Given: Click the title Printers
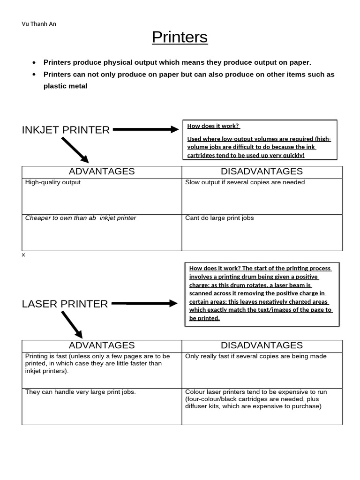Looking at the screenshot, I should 180,37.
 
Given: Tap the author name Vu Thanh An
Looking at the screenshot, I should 39,24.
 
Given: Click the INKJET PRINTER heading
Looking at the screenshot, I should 66,130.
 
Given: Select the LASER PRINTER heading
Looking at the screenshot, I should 65,304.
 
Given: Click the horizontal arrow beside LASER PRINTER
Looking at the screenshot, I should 144,303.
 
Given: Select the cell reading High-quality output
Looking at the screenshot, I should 53,182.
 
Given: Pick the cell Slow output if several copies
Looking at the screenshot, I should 245,182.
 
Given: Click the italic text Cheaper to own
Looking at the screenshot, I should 81,218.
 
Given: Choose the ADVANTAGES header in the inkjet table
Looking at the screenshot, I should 102,172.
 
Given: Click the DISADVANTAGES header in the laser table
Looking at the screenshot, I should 262,345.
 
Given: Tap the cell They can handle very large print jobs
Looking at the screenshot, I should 81,392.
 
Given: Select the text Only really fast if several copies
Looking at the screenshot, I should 256,356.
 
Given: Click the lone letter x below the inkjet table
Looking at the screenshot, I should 23,255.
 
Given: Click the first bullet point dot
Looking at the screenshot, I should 34,63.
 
